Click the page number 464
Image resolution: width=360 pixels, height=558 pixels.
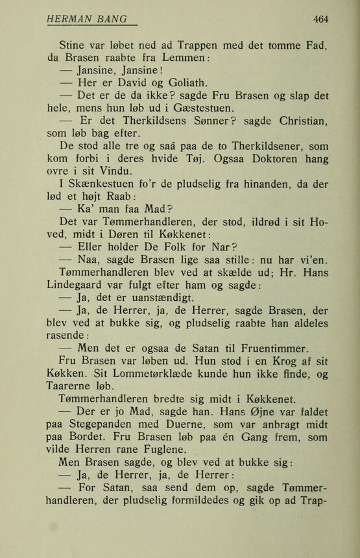320,19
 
